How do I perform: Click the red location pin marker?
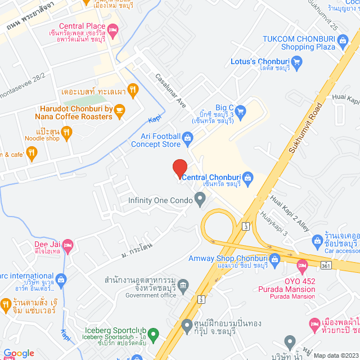tap(179, 168)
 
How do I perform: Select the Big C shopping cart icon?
tap(241, 110)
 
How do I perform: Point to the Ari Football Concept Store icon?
tap(188, 137)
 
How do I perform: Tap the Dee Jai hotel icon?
tap(67, 244)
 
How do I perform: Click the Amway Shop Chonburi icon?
tap(274, 259)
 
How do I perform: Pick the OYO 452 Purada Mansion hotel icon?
tap(303, 264)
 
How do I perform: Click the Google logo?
tap(18, 353)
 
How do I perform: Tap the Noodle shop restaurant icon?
tap(67, 133)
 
